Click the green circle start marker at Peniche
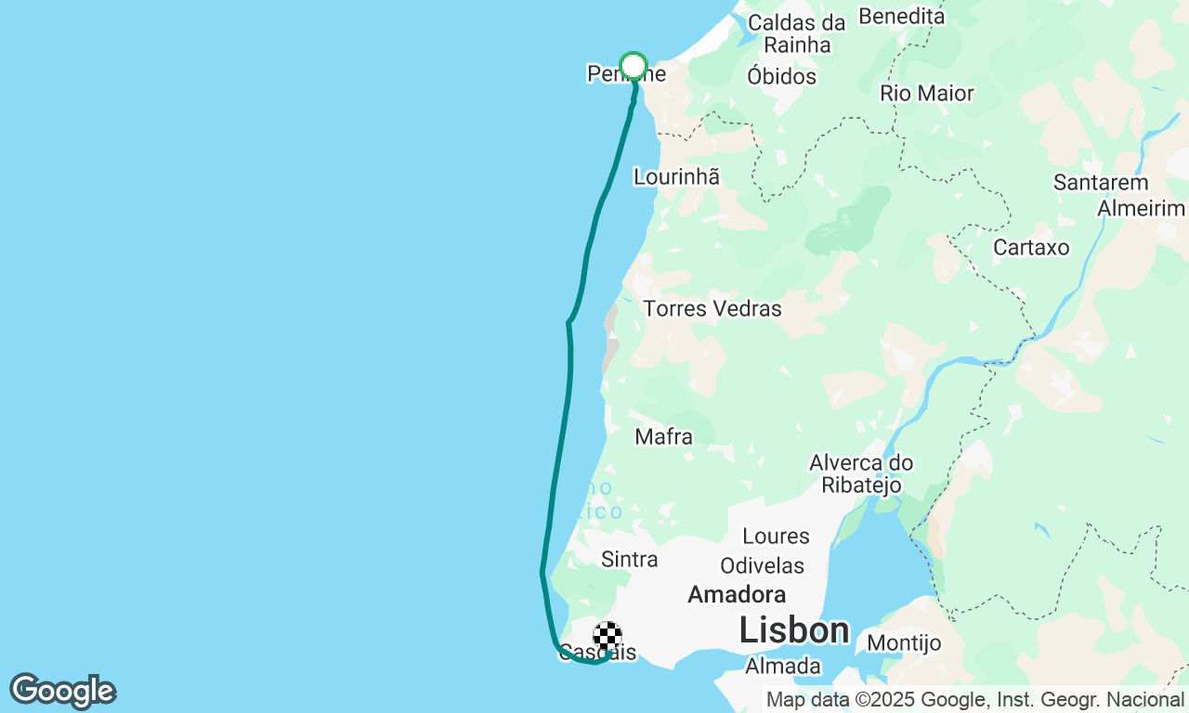pos(634,66)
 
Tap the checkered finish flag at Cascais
pos(607,637)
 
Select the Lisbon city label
pos(794,630)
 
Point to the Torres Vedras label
pos(712,308)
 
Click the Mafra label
pos(663,436)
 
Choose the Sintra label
pos(630,559)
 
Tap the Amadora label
pos(737,594)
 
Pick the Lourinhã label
pos(676,176)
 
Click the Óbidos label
pos(781,76)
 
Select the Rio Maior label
pos(927,93)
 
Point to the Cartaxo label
pos(1031,248)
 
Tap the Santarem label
pos(1101,183)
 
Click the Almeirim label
pos(1142,208)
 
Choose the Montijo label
pos(904,642)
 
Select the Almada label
pos(782,666)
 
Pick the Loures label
pos(776,536)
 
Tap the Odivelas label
pos(762,565)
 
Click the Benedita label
pos(901,16)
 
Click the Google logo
pos(62,691)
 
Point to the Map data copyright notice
pos(974,699)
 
